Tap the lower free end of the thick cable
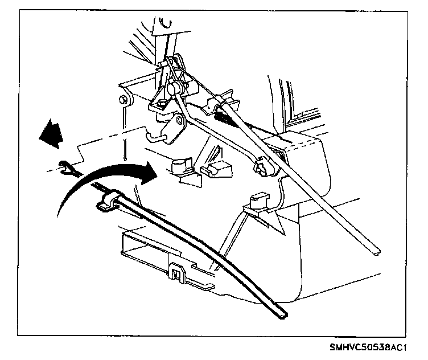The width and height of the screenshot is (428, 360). [x=281, y=312]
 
